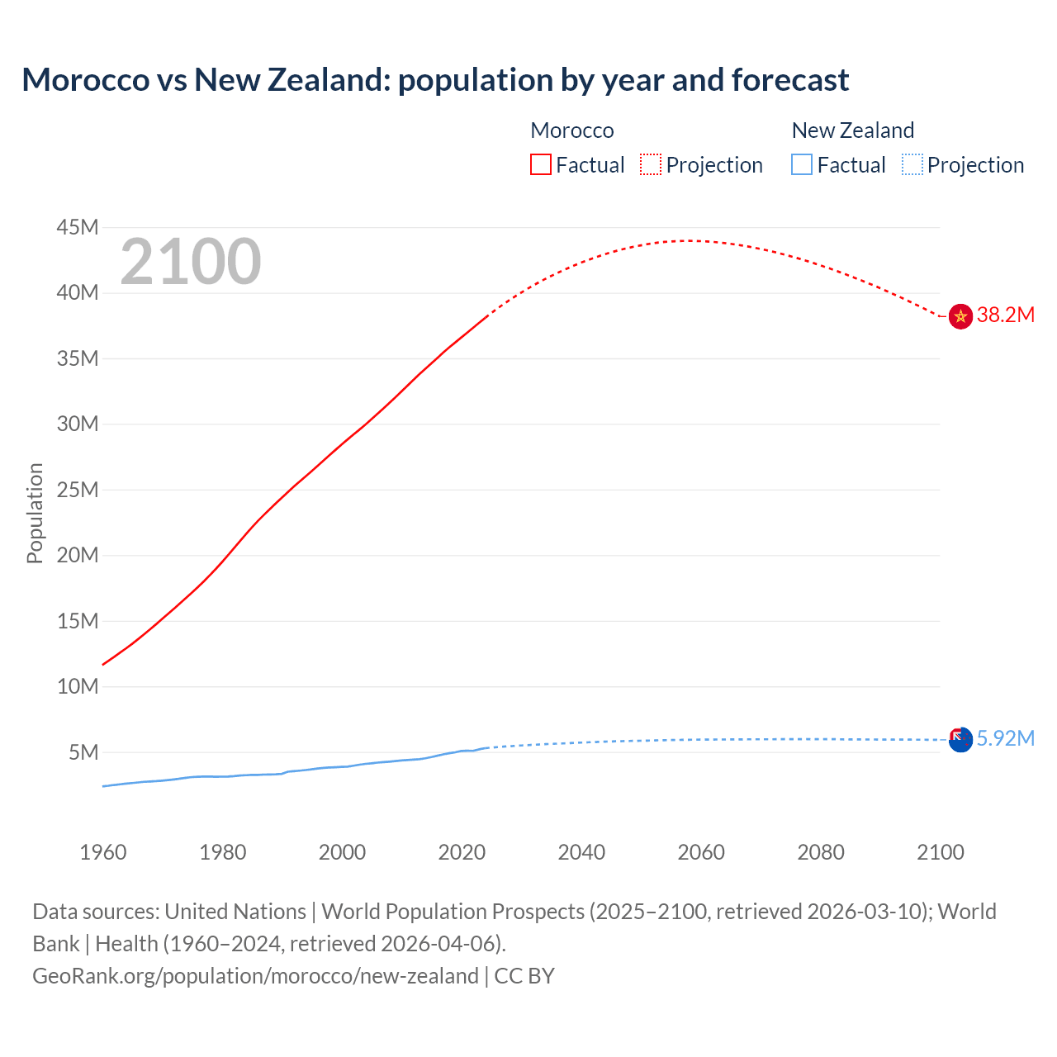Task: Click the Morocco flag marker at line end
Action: click(960, 316)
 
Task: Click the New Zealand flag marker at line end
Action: click(960, 739)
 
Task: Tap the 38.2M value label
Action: click(1005, 315)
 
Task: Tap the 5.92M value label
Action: click(1005, 738)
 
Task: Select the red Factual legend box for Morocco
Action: click(540, 164)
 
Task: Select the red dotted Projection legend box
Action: click(651, 164)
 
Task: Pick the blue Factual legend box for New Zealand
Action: click(802, 164)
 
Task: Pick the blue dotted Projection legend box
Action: click(912, 164)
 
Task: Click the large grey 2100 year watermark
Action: click(191, 262)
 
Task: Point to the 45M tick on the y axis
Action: click(78, 227)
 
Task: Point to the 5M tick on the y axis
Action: click(83, 752)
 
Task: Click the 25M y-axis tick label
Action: click(78, 490)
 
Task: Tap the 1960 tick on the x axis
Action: click(103, 852)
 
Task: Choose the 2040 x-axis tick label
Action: click(581, 852)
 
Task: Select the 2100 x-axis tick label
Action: click(941, 852)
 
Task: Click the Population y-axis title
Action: click(35, 513)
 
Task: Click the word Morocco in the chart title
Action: click(86, 80)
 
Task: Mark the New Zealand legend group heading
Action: click(853, 130)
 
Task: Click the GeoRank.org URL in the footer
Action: click(255, 975)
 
